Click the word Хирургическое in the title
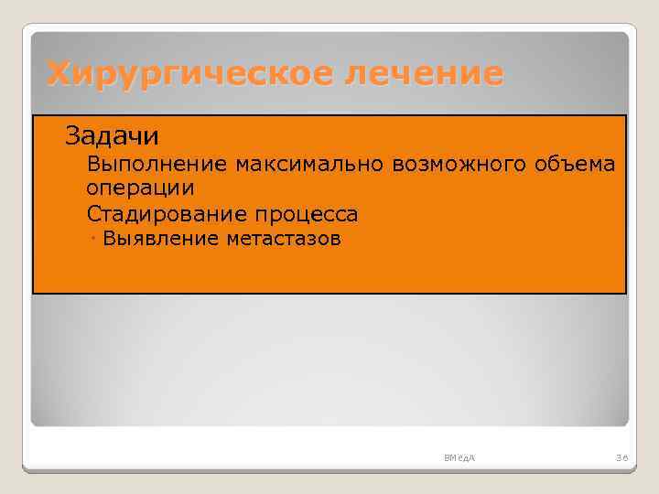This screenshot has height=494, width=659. [x=189, y=73]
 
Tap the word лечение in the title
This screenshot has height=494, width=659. [x=423, y=73]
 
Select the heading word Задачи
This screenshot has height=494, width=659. [x=112, y=136]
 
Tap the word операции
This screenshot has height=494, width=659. [x=140, y=189]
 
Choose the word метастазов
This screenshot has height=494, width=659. [x=283, y=240]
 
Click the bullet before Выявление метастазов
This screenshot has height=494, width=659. [x=95, y=239]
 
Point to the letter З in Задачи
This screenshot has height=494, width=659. [x=72, y=136]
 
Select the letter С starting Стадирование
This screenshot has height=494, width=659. [x=93, y=215]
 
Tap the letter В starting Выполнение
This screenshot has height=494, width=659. [x=93, y=165]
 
